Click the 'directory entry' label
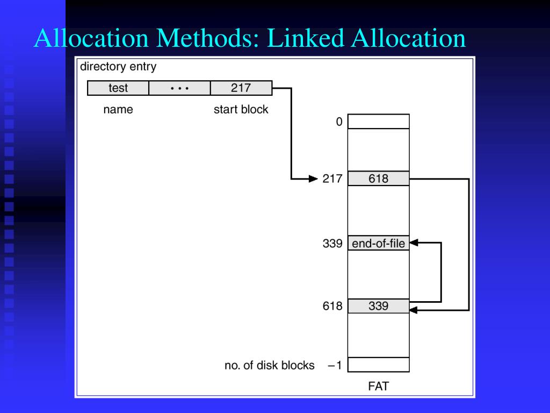click(118, 67)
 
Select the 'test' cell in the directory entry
click(118, 88)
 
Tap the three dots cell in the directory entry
click(179, 88)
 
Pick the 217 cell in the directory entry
click(241, 88)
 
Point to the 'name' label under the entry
click(118, 110)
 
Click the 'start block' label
click(241, 110)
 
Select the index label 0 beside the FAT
click(339, 122)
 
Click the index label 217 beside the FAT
click(332, 179)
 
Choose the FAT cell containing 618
click(378, 179)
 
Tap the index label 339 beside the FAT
click(332, 244)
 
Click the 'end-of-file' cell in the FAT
click(378, 244)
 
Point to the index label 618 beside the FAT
click(332, 307)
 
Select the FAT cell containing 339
click(378, 307)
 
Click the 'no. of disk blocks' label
click(269, 366)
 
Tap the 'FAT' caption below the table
click(378, 386)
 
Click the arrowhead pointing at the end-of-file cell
click(414, 243)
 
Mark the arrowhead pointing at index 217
click(314, 179)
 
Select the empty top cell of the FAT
click(378, 122)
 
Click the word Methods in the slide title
click(213, 39)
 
